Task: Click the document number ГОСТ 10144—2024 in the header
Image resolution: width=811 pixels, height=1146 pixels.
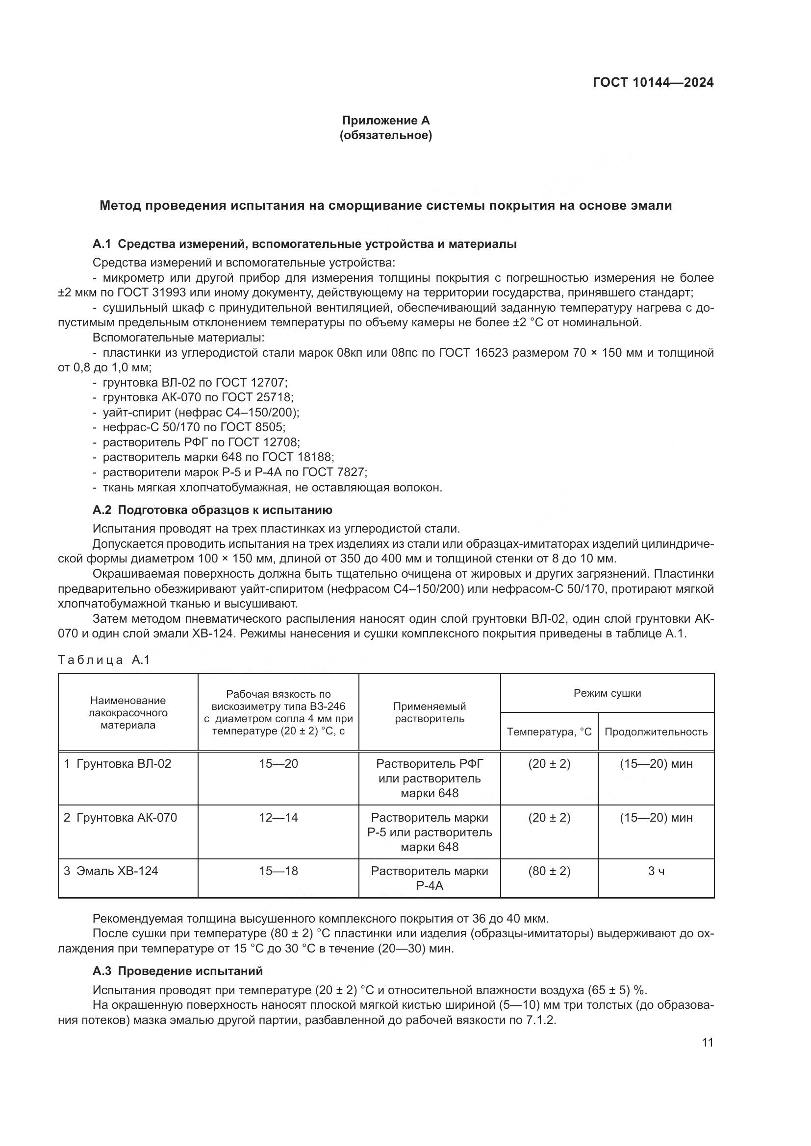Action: coord(653,83)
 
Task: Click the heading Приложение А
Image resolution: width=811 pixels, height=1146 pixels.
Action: coord(385,121)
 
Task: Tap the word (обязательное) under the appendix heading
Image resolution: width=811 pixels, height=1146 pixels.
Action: coord(385,135)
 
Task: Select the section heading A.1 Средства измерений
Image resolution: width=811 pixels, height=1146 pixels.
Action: coord(304,244)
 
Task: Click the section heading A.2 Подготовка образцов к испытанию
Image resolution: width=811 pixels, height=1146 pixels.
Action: coord(212,510)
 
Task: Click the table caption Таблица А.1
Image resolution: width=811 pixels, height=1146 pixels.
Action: coord(104,660)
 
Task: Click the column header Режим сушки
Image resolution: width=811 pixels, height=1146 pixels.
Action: coord(607,693)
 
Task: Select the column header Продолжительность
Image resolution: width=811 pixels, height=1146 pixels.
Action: coord(656,731)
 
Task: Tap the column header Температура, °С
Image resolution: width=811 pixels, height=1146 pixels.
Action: coord(549,731)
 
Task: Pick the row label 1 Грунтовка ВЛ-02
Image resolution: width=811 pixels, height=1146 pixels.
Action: coord(117,764)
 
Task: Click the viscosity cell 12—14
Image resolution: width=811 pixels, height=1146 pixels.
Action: coord(278,818)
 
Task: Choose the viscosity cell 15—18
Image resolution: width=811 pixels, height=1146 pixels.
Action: coord(278,871)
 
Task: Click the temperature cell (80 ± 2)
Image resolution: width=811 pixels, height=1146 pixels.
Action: coord(549,871)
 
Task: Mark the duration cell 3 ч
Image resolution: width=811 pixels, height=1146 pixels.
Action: coord(656,871)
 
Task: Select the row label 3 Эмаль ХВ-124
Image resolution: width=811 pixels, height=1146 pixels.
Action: coord(111,871)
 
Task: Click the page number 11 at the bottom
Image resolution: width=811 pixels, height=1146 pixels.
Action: coord(707,1042)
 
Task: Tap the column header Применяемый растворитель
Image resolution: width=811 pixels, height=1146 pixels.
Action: coord(429,712)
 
